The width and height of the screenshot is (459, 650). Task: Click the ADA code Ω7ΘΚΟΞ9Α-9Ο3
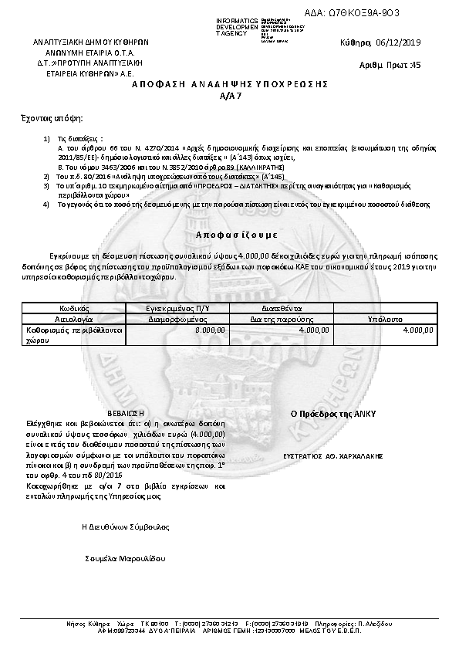[x=364, y=13]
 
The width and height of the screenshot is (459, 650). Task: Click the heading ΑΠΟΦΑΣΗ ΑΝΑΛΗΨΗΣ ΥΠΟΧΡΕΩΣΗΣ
[x=230, y=82]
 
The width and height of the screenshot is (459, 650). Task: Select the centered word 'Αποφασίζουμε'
[x=231, y=233]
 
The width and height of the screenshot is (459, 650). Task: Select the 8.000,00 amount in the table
[x=210, y=330]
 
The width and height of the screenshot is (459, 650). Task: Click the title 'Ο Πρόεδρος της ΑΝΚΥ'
[x=332, y=414]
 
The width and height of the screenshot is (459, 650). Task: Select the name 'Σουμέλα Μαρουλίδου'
[x=125, y=557]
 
